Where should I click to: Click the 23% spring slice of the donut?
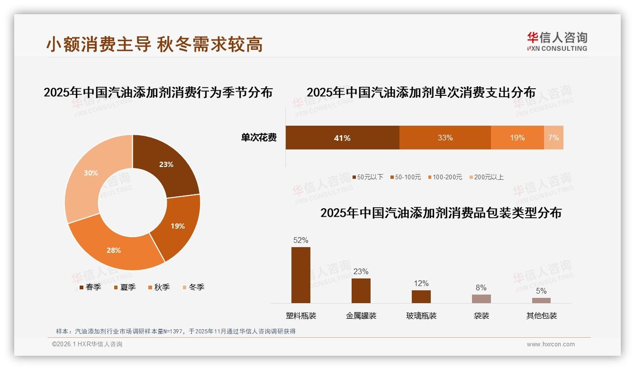166,165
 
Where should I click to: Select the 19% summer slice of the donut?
177,226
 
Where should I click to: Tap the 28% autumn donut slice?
114,250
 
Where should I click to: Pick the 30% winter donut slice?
91,174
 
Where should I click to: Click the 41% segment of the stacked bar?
342,138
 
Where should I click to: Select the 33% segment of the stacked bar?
445,138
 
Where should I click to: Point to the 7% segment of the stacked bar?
553,138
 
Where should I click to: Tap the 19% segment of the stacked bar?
517,138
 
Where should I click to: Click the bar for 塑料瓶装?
301,275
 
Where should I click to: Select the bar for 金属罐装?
361,291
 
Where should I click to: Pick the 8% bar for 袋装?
481,299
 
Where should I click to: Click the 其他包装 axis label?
542,315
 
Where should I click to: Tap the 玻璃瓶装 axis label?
421,315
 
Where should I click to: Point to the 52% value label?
301,240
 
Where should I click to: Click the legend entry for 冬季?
193,287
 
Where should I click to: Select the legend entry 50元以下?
368,177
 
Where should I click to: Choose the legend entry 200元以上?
487,177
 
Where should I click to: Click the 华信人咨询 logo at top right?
557,41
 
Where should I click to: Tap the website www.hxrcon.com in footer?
551,344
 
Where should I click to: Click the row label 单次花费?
259,138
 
